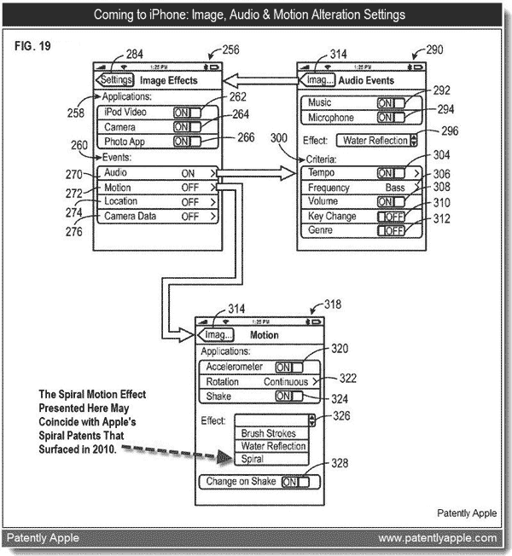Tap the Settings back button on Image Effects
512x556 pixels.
coord(114,79)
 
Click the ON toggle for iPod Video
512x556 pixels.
coord(187,113)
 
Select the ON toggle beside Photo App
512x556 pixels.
coord(187,142)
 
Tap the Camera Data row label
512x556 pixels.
coord(130,216)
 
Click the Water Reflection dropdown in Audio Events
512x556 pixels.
coord(376,141)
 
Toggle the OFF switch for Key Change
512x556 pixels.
coord(391,217)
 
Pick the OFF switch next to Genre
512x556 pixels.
coord(391,230)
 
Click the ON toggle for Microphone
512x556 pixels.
coord(391,118)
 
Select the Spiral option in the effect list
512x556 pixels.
coord(253,459)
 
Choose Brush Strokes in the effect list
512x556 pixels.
coord(268,433)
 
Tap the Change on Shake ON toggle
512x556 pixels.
coord(295,482)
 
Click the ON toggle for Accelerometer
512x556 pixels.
coord(289,368)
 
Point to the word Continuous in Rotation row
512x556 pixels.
coord(286,382)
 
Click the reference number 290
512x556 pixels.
coord(434,49)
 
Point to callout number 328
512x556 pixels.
coord(340,463)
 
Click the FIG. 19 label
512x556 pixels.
coord(32,46)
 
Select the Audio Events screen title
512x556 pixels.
coord(366,80)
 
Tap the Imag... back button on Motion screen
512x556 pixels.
coord(216,335)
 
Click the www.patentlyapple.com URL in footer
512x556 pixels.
coord(438,538)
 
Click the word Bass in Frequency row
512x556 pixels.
coord(395,188)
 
